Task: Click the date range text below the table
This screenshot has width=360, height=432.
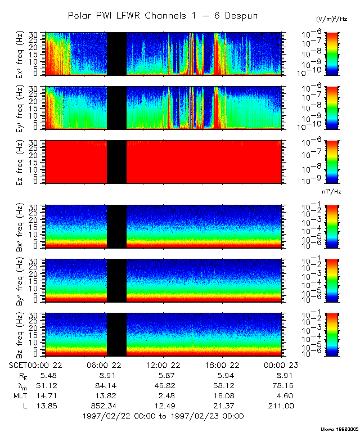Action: click(x=163, y=416)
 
